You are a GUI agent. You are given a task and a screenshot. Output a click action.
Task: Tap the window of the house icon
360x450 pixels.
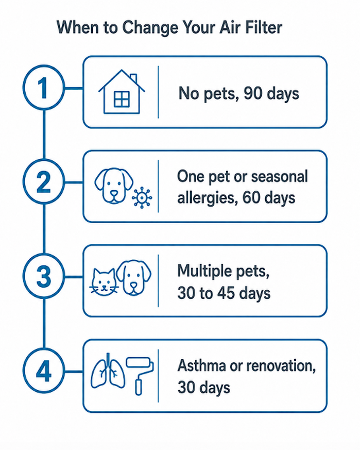coord(122,99)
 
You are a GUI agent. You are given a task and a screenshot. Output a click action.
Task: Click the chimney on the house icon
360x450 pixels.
coord(133,78)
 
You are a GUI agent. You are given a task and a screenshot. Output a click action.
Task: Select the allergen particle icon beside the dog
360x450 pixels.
coord(142,197)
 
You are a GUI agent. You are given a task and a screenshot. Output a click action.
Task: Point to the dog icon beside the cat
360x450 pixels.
coord(134,278)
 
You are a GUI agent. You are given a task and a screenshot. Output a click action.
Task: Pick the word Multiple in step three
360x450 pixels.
coord(205,271)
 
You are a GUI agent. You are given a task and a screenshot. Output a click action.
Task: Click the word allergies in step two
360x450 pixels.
coord(208,198)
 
